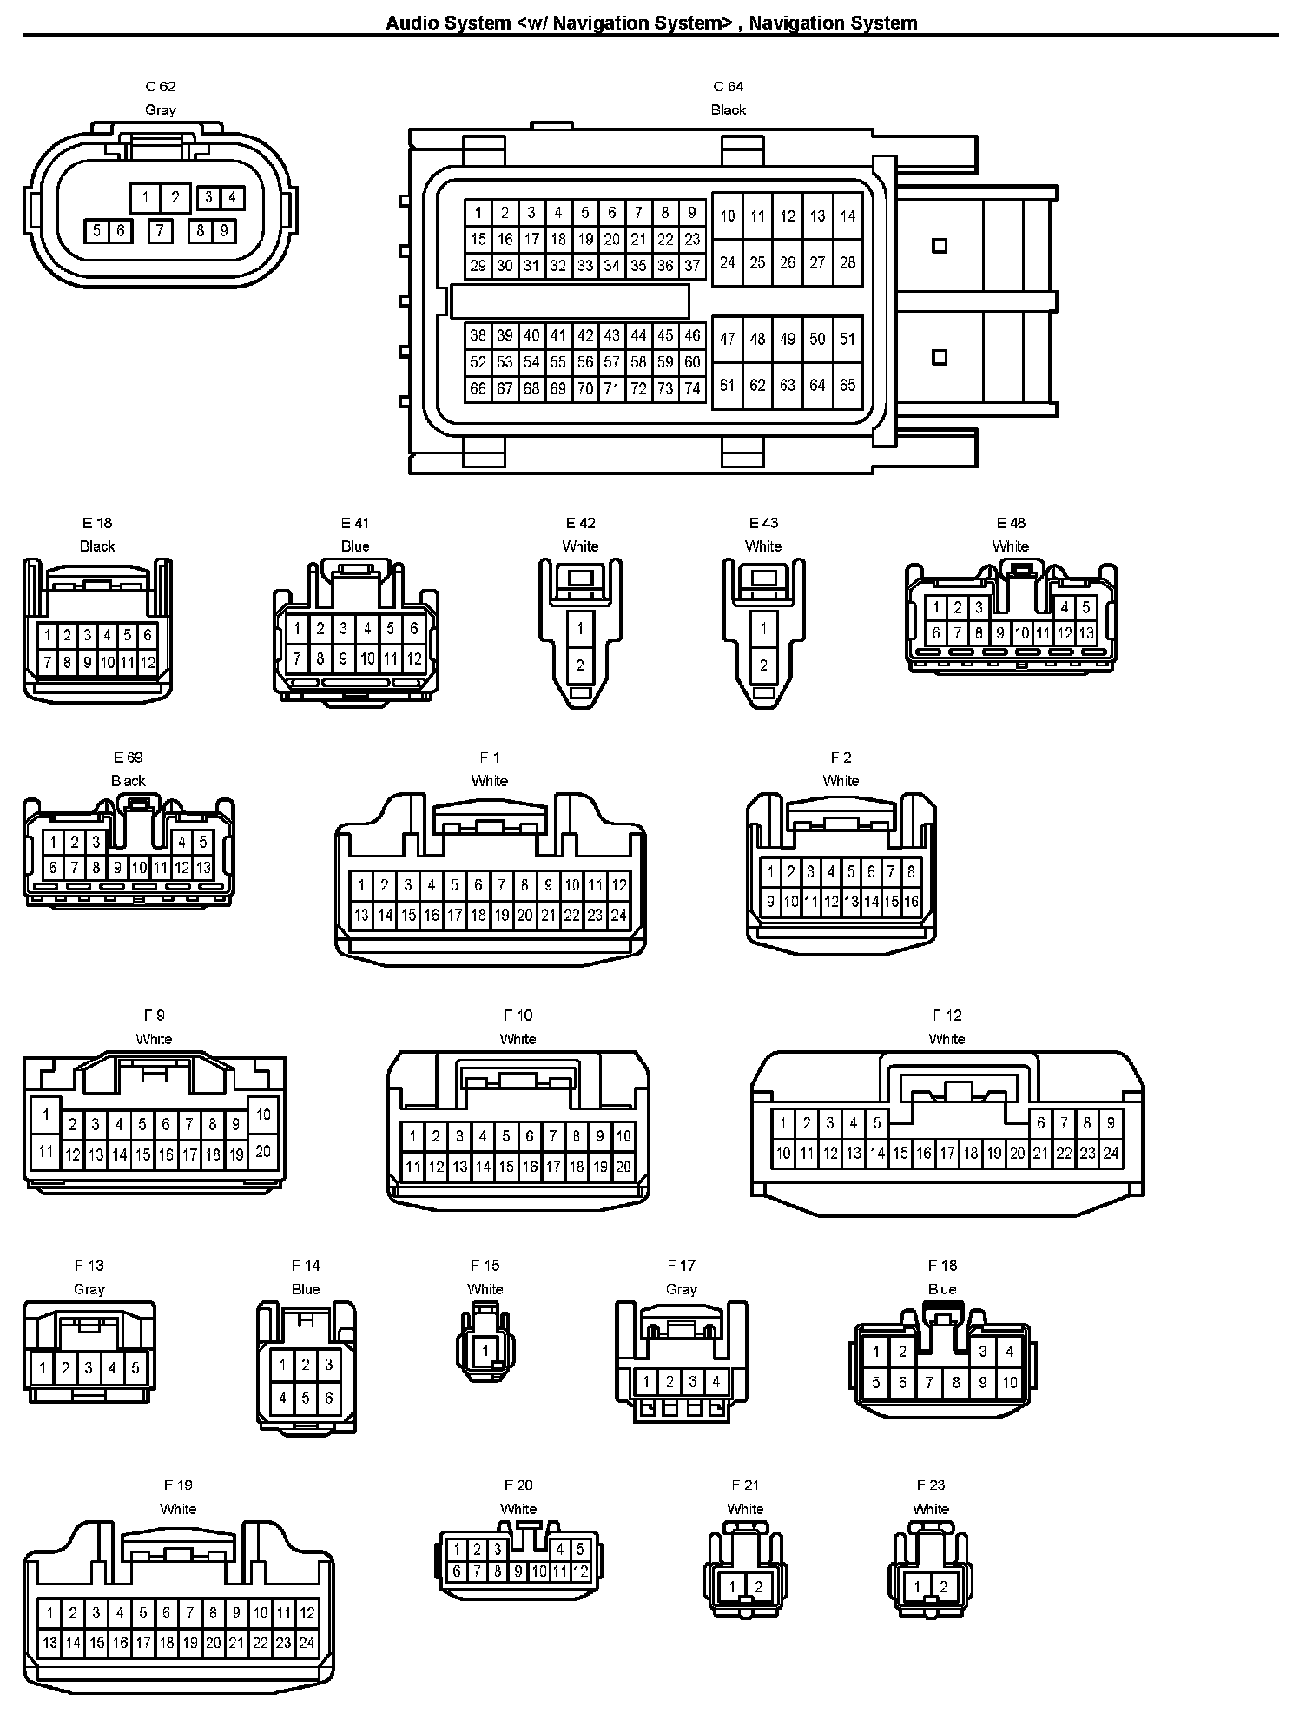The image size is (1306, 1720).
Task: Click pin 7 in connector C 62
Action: pyautogui.click(x=160, y=230)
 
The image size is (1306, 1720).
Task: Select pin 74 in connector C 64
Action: pyautogui.click(x=692, y=389)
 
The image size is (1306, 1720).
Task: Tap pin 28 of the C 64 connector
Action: pyautogui.click(x=848, y=262)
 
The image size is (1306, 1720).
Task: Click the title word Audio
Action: pyautogui.click(x=412, y=23)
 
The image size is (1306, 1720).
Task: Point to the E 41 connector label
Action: pyautogui.click(x=355, y=523)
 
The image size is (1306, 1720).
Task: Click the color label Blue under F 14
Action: pyautogui.click(x=306, y=1289)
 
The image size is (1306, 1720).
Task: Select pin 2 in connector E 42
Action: pyautogui.click(x=580, y=665)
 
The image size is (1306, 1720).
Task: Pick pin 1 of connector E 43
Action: pyautogui.click(x=763, y=628)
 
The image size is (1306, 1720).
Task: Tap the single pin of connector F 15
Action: pyautogui.click(x=485, y=1350)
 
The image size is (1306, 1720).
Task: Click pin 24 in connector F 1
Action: pyautogui.click(x=618, y=915)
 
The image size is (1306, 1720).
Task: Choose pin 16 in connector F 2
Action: pyautogui.click(x=911, y=902)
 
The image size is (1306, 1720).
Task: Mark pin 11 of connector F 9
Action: pyautogui.click(x=46, y=1153)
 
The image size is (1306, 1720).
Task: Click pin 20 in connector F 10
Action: pyautogui.click(x=623, y=1168)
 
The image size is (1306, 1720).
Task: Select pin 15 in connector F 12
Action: pyautogui.click(x=900, y=1154)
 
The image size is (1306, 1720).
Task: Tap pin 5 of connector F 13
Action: pyautogui.click(x=135, y=1368)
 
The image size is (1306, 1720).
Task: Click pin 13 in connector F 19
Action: pyautogui.click(x=49, y=1643)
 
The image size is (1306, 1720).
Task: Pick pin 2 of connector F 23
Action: pyautogui.click(x=944, y=1587)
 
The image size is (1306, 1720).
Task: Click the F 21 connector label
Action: pyautogui.click(x=745, y=1485)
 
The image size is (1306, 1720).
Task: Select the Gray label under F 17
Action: pyautogui.click(x=682, y=1289)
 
